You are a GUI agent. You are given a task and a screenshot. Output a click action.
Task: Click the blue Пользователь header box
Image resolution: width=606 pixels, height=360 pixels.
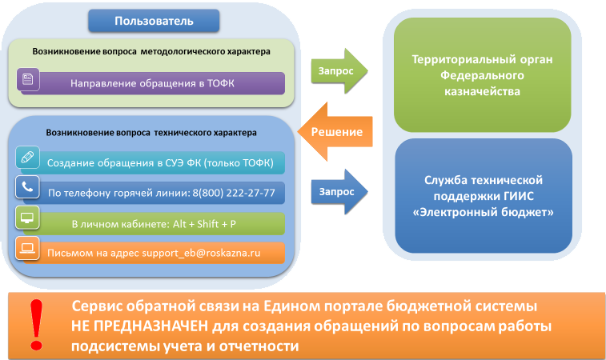[x=154, y=20]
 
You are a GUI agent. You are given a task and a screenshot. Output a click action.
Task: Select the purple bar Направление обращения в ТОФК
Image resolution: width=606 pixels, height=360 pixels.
[x=152, y=83]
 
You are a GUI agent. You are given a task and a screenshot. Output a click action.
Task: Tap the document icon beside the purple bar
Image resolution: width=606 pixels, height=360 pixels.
[x=27, y=80]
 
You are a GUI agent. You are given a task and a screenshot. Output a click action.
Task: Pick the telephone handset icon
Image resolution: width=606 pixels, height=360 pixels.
[x=27, y=188]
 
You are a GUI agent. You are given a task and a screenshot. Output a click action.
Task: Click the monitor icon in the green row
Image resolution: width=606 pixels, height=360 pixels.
[x=27, y=218]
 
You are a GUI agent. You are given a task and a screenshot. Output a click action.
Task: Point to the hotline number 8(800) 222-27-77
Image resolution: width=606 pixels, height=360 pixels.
[x=237, y=193]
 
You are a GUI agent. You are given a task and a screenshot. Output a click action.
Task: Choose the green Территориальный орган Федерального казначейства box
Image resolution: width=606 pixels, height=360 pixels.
[x=482, y=76]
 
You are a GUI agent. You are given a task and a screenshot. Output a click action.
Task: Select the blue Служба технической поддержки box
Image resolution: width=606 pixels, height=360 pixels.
[x=482, y=197]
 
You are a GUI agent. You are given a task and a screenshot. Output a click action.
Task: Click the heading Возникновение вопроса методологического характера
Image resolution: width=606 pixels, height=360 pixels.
[x=150, y=51]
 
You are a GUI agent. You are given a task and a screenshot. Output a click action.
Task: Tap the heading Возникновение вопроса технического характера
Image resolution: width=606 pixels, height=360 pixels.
[x=150, y=132]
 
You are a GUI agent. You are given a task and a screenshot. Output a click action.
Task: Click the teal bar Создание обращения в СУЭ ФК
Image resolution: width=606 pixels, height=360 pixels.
[x=160, y=163]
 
